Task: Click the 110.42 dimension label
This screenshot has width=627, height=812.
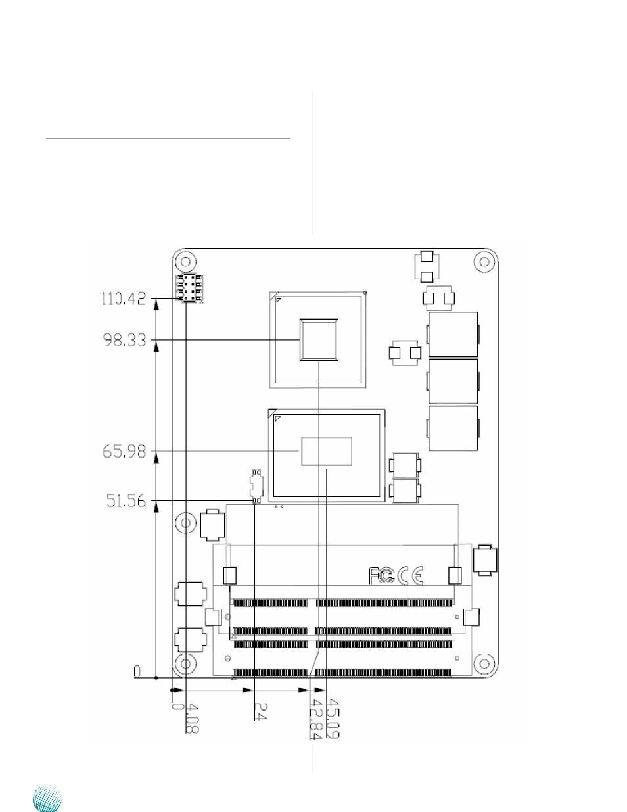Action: click(x=124, y=299)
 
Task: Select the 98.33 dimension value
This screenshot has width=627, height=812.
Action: click(x=125, y=341)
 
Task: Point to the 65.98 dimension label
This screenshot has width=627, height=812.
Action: click(x=124, y=452)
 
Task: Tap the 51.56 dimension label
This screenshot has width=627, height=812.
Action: click(x=126, y=501)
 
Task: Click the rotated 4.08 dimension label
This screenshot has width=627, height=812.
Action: click(x=193, y=724)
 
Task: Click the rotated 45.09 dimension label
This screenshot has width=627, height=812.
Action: click(x=333, y=719)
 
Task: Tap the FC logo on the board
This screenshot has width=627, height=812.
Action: click(x=381, y=576)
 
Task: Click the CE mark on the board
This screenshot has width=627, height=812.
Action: click(x=410, y=576)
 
